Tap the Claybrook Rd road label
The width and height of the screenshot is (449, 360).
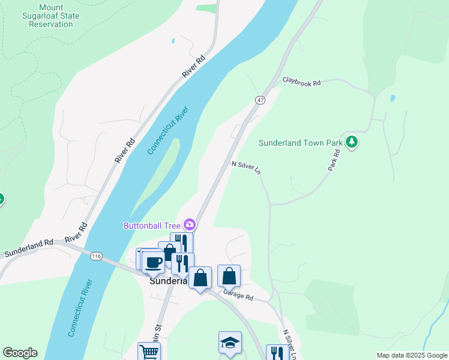[302, 82]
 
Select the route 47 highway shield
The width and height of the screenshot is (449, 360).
[259, 100]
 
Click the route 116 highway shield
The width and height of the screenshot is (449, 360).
[95, 256]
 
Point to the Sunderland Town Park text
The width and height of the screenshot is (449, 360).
[300, 143]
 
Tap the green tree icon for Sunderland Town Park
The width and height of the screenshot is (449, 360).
[352, 142]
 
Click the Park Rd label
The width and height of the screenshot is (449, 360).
[334, 161]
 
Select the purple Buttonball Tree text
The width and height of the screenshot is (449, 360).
[152, 226]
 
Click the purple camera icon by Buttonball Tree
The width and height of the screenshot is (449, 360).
[190, 225]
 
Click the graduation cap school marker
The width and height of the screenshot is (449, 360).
[230, 342]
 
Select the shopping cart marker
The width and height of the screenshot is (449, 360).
[149, 352]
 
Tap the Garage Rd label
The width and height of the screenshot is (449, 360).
[238, 295]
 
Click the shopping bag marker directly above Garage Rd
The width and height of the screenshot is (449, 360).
[229, 276]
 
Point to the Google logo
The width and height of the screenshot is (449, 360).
[20, 353]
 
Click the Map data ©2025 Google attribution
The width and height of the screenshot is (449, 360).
[412, 355]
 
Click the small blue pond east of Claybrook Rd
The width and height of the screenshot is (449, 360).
[392, 97]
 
